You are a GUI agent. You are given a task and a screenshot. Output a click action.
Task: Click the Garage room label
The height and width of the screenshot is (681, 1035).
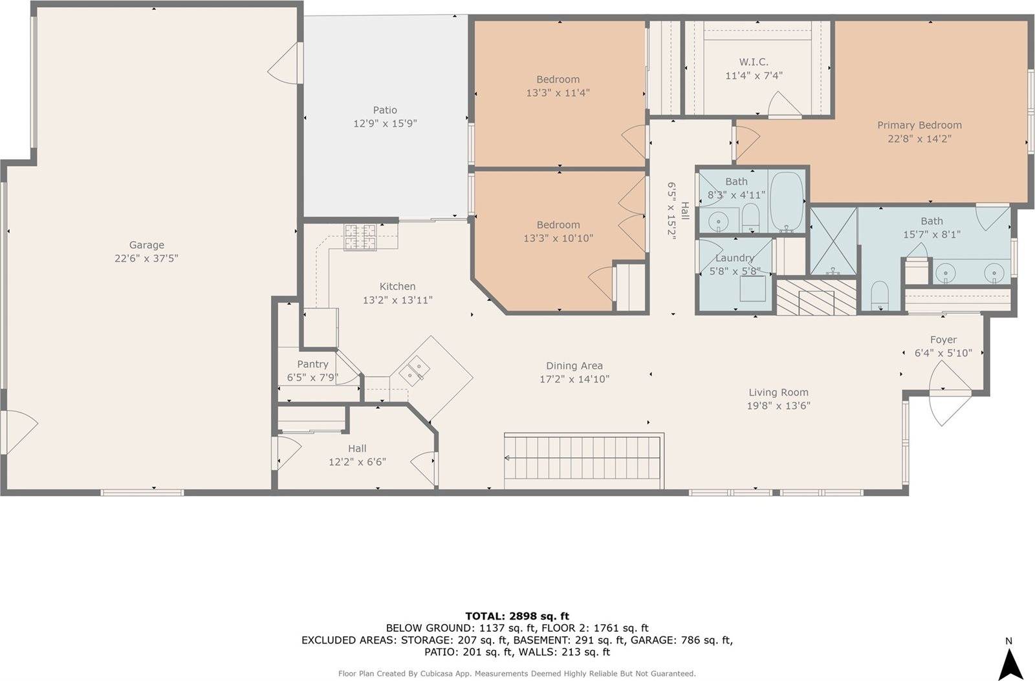(146, 244)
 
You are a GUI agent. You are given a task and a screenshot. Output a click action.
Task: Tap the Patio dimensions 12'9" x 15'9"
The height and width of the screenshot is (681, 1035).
(385, 124)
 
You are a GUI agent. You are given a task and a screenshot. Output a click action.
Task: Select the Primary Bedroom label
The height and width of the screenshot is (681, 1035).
(919, 125)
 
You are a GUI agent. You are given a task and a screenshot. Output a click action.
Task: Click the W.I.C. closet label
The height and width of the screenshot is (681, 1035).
(754, 62)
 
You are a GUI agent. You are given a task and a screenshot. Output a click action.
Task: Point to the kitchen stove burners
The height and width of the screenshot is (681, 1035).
(360, 237)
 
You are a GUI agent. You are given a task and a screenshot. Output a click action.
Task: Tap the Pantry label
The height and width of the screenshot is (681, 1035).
(312, 364)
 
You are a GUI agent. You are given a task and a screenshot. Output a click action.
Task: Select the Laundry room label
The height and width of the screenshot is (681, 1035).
(734, 257)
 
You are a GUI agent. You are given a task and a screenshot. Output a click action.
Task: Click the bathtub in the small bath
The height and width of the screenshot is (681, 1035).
(787, 200)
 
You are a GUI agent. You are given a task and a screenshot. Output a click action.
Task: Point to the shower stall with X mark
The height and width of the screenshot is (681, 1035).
(833, 241)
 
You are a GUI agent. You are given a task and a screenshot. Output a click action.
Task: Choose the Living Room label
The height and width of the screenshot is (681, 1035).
(778, 392)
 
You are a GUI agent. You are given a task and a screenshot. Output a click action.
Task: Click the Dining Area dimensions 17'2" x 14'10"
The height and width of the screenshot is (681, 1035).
(574, 380)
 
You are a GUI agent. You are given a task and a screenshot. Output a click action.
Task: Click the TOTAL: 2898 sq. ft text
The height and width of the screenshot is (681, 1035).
(517, 616)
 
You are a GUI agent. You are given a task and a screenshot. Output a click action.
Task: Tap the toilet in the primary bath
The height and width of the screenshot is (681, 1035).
(880, 296)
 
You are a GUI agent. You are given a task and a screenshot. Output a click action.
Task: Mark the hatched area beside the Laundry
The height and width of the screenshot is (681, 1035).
(816, 297)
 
